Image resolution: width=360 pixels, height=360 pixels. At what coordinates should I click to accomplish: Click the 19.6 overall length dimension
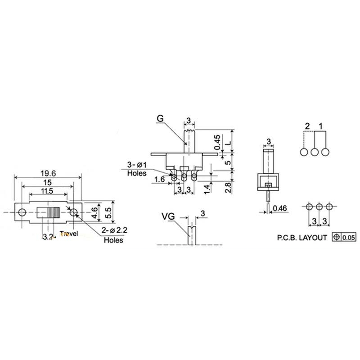pyautogui.click(x=48, y=172)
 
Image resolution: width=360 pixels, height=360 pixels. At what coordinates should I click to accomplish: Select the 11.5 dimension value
pyautogui.click(x=47, y=191)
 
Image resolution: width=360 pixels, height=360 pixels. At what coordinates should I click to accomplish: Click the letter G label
pyautogui.click(x=160, y=119)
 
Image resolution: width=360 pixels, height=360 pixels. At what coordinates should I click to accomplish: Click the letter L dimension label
pyautogui.click(x=228, y=142)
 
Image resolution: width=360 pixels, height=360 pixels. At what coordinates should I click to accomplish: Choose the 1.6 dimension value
pyautogui.click(x=159, y=180)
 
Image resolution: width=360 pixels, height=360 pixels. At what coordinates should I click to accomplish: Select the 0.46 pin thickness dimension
pyautogui.click(x=281, y=208)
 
